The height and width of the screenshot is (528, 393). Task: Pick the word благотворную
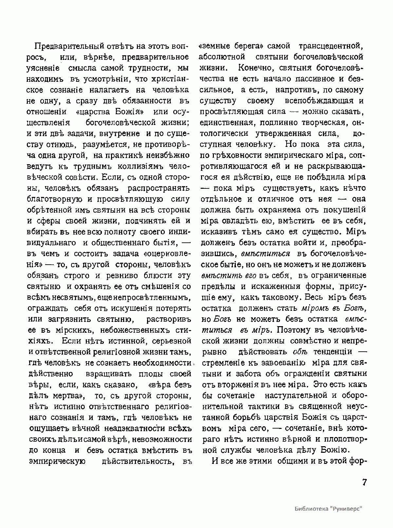(52, 199)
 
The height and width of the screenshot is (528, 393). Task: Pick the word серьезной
(173, 341)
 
